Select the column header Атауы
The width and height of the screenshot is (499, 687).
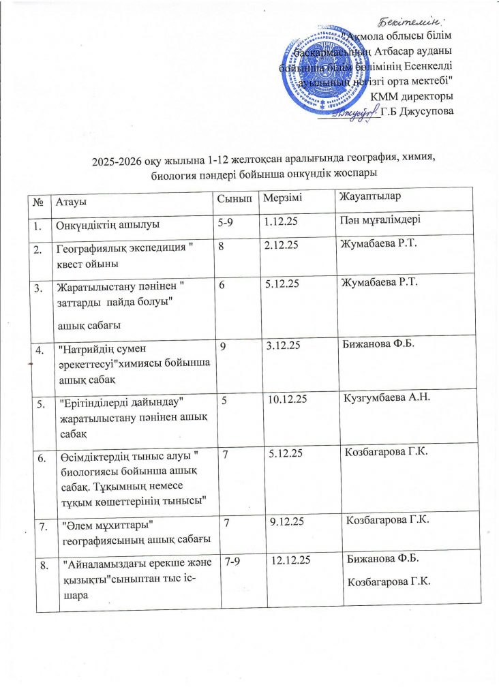pyautogui.click(x=72, y=198)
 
